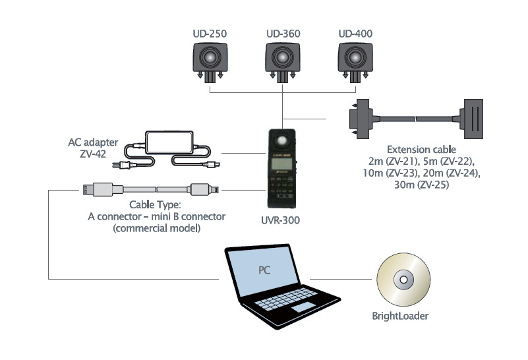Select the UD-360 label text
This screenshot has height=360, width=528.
(x=283, y=33)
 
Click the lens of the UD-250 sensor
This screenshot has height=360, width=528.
(x=210, y=58)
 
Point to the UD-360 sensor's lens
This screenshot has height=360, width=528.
(x=283, y=58)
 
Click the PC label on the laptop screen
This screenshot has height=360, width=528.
(x=264, y=269)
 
